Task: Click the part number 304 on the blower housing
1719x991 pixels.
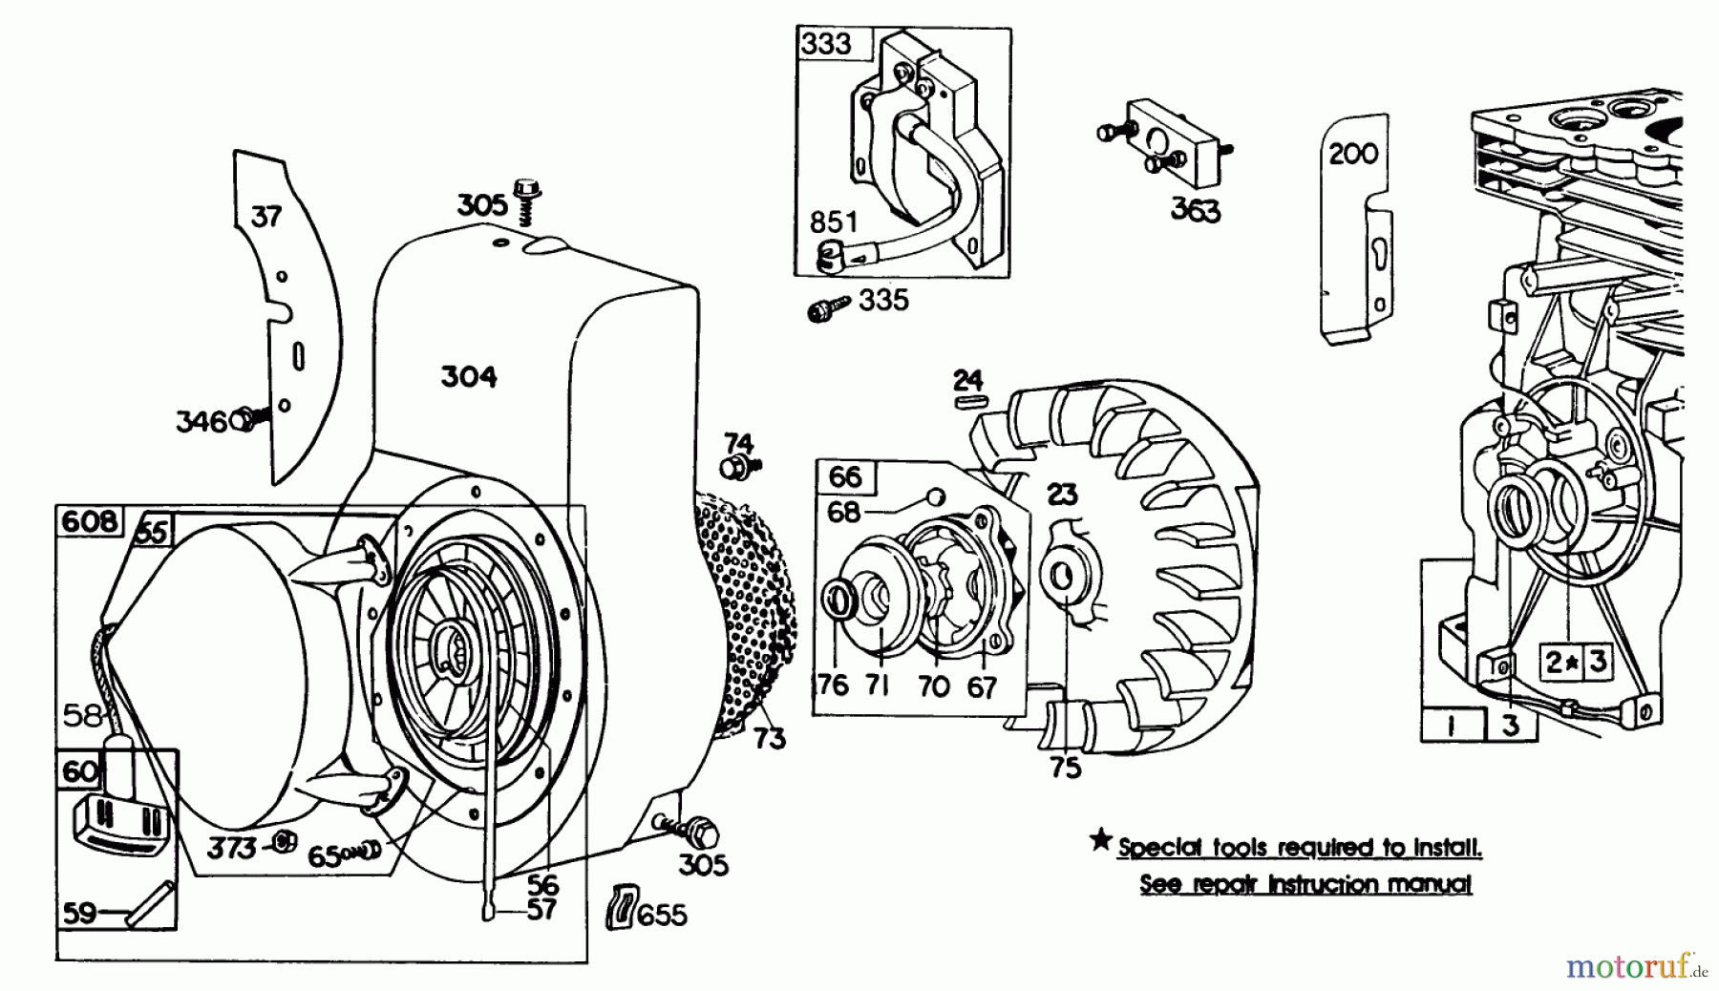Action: (x=469, y=377)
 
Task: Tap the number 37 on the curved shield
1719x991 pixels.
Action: (x=266, y=217)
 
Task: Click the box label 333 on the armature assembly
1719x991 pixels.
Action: (x=827, y=44)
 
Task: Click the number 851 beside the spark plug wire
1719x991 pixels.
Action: (x=834, y=222)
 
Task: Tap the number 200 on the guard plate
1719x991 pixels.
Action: (x=1353, y=153)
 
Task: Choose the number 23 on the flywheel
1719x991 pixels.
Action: (x=1062, y=494)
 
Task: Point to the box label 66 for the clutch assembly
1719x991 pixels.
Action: (x=845, y=476)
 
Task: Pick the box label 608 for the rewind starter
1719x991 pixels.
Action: (x=90, y=521)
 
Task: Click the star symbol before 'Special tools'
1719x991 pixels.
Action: (x=1101, y=841)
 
